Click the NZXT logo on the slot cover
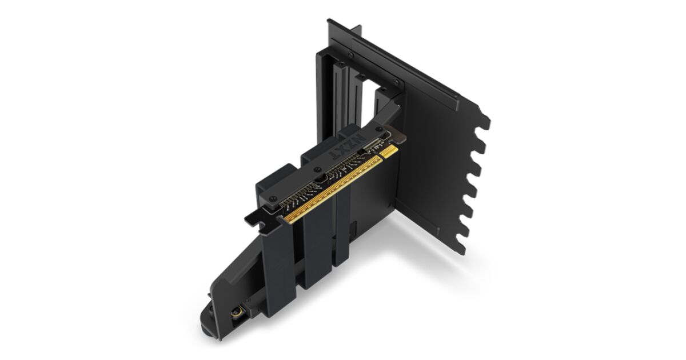[x=348, y=148]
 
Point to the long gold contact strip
[x=332, y=189]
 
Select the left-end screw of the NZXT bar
[x=272, y=198]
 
